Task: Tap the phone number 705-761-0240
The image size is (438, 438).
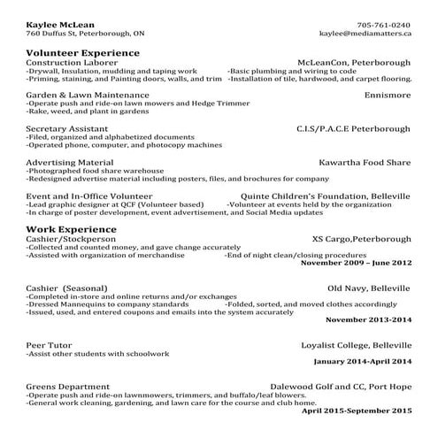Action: (384, 24)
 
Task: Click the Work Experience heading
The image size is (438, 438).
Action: (65, 228)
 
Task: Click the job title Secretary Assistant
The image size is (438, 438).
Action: (63, 127)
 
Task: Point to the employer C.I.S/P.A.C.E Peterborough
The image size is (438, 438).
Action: (354, 127)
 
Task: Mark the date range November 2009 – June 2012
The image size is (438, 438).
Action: (357, 263)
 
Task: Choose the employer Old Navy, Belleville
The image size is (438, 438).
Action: (369, 288)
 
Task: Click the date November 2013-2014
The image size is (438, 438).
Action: (368, 319)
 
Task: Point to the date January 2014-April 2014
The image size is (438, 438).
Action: (363, 362)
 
